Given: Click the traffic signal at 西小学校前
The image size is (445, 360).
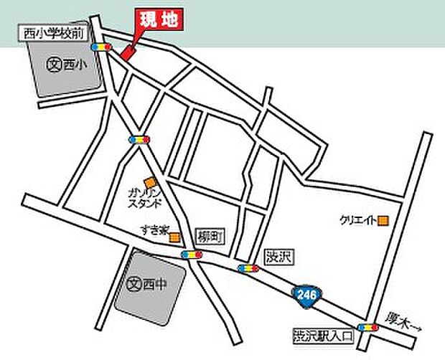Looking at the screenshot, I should click(x=100, y=47).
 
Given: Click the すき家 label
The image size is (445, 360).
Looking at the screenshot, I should click(x=154, y=231).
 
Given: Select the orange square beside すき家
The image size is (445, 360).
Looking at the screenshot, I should click(x=176, y=235).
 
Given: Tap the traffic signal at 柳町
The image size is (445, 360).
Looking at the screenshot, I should click(x=192, y=255).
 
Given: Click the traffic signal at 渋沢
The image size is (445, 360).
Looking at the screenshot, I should click(x=248, y=269).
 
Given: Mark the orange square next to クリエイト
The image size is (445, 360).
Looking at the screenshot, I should click(x=384, y=220).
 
